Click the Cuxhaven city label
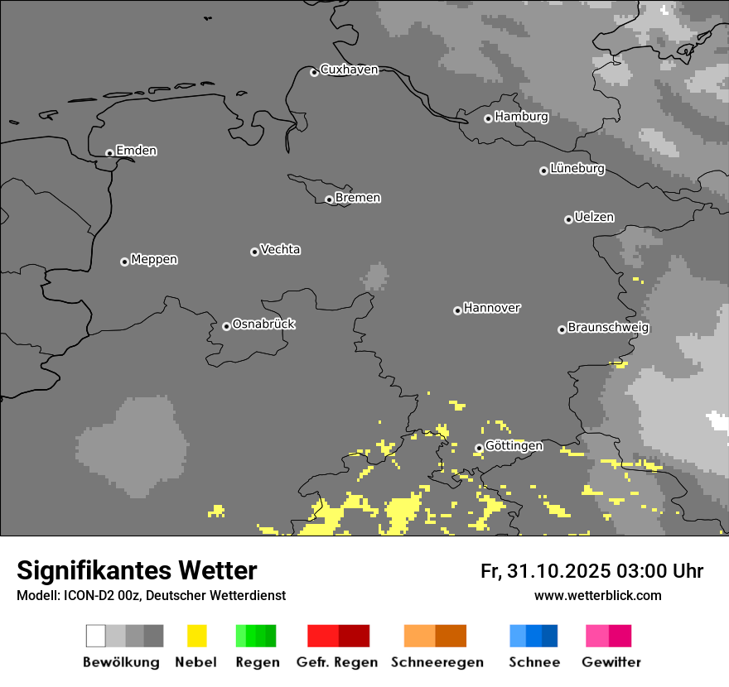click(349, 70)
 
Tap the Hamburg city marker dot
click(488, 118)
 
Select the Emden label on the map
click(136, 151)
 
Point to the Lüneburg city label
click(577, 169)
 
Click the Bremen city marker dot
click(329, 199)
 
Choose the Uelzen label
click(594, 218)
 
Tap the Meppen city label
click(154, 260)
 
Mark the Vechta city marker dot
click(254, 252)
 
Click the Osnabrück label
click(263, 324)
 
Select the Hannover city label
click(492, 309)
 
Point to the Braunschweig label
click(608, 328)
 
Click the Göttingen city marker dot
click(479, 448)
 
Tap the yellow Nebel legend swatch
click(196, 636)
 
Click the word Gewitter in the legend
click(611, 662)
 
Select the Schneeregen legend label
click(437, 662)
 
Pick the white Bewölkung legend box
click(96, 636)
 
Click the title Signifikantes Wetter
click(137, 571)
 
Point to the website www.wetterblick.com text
click(597, 595)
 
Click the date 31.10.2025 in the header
click(559, 571)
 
